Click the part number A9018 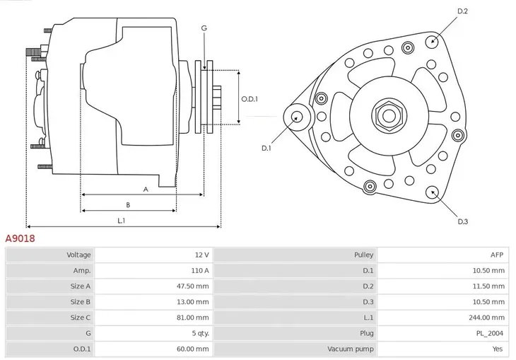(x=20, y=239)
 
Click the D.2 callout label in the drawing (x=463, y=11)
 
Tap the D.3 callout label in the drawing (x=463, y=221)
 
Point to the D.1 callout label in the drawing (x=266, y=148)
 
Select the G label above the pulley (x=204, y=28)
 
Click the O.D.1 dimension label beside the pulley (x=250, y=99)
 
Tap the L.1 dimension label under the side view (x=122, y=221)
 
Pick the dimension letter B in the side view (x=128, y=204)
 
